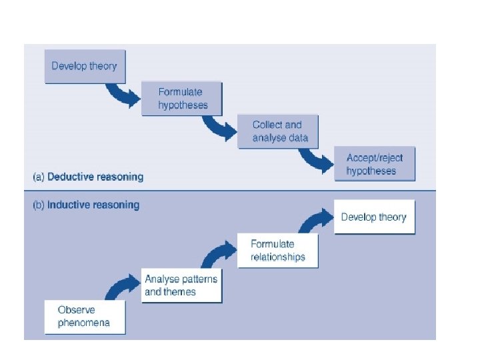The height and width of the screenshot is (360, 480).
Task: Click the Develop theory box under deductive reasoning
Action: click(85, 66)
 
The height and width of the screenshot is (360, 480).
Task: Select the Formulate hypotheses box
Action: click(181, 99)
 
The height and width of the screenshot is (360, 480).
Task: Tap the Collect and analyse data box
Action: click(277, 131)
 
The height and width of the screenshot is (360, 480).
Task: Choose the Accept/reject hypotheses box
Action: click(374, 164)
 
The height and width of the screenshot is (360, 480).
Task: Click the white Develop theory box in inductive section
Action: click(374, 217)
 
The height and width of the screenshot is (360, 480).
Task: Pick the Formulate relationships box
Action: click(278, 251)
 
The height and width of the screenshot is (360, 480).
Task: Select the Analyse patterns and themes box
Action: click(181, 285)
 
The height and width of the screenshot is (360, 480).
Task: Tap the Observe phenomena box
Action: click(85, 317)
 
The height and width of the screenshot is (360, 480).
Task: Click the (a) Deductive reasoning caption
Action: click(88, 177)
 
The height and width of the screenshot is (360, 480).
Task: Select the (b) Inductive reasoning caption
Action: click(86, 205)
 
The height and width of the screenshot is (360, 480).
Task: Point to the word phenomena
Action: click(83, 323)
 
